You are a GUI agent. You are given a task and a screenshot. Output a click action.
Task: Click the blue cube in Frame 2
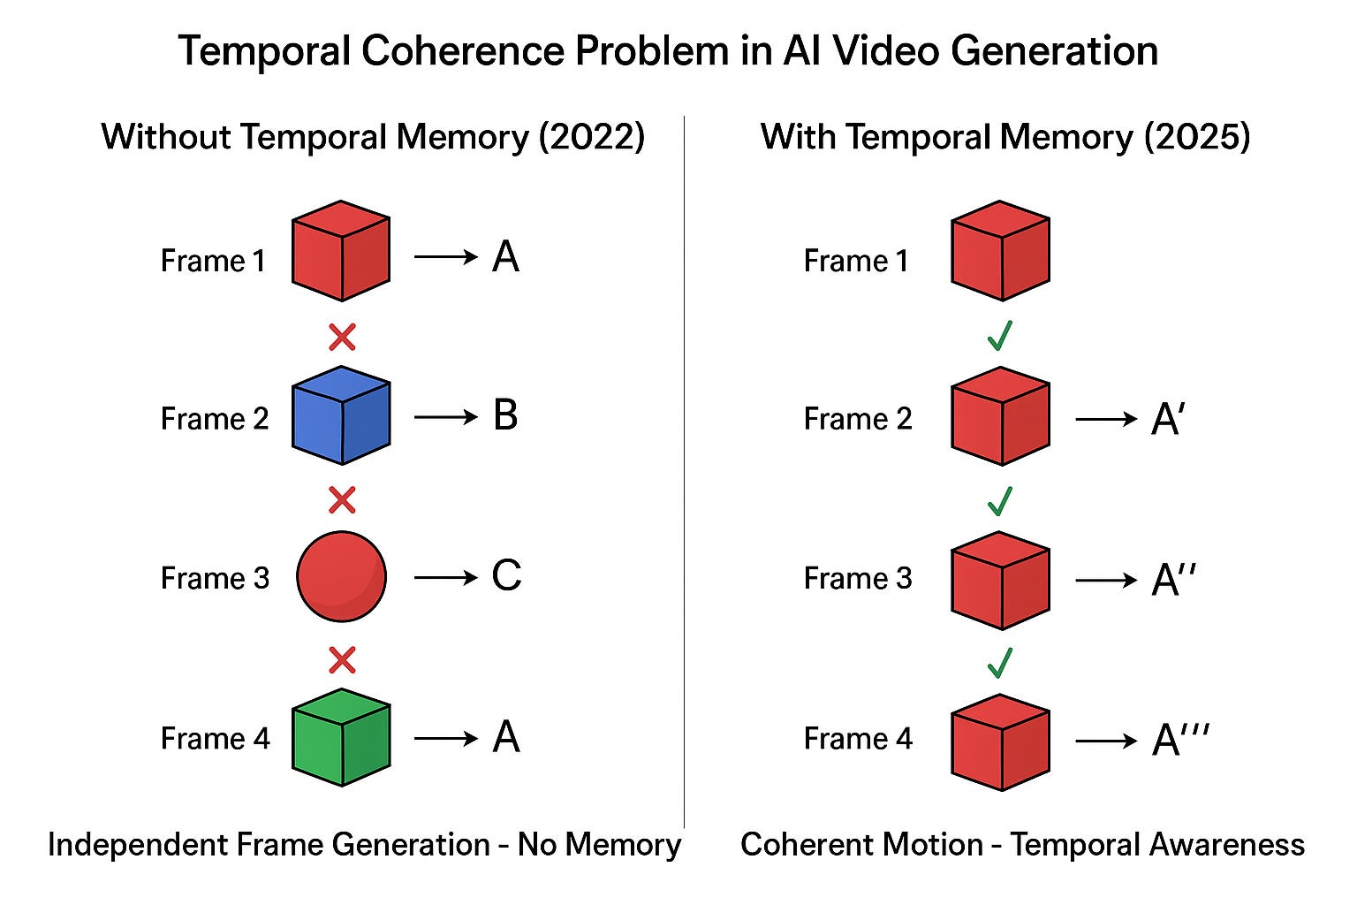click(x=341, y=416)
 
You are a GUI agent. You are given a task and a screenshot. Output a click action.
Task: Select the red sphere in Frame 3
click(x=341, y=576)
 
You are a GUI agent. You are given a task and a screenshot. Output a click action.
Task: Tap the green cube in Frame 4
click(x=341, y=737)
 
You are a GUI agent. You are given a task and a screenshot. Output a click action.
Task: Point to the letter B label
click(x=505, y=415)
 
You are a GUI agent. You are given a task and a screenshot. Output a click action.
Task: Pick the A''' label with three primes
click(x=1180, y=739)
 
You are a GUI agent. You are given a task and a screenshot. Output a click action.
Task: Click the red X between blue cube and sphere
click(x=342, y=500)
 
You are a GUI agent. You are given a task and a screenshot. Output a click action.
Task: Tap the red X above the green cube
click(x=342, y=660)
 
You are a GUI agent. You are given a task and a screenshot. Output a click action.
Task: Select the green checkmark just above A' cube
click(x=999, y=336)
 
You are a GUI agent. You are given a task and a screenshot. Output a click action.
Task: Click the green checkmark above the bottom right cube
click(x=999, y=662)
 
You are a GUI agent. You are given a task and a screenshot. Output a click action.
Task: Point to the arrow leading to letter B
click(x=446, y=416)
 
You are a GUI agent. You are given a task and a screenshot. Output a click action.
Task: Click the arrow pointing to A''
click(x=1106, y=580)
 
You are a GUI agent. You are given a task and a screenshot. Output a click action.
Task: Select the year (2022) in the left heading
click(x=591, y=137)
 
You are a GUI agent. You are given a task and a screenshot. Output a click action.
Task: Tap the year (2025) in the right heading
click(x=1197, y=137)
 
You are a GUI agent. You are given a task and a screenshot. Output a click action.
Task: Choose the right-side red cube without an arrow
click(x=1000, y=251)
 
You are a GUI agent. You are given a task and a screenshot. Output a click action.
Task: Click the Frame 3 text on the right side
click(x=858, y=578)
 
